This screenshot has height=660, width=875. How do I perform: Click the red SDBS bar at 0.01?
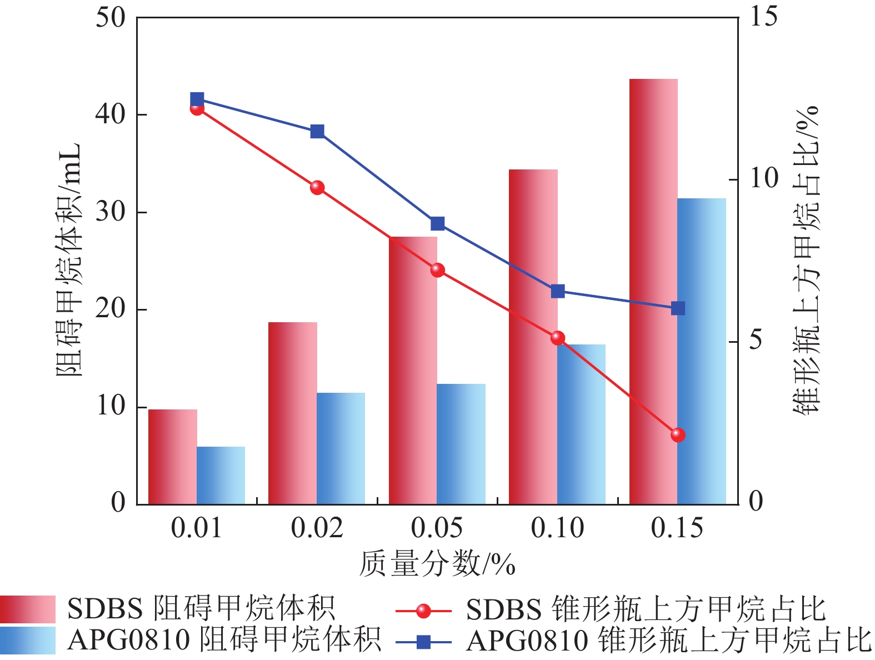pos(173,457)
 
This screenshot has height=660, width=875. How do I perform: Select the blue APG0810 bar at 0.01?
pos(221,476)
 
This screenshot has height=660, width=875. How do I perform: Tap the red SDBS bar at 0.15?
pos(653,292)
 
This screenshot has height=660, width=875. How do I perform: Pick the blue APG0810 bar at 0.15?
pos(702,351)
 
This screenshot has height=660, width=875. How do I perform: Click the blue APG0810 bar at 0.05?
pos(461,444)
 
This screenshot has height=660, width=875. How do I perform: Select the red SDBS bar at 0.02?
pos(293,413)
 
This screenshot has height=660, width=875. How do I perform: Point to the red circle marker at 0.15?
pos(678,434)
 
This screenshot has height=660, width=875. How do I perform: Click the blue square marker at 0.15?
pos(678,308)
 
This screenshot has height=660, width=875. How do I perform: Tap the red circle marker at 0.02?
pos(317,187)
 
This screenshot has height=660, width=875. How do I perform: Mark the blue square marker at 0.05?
pos(438,224)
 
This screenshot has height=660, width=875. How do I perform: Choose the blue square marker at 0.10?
pos(558,292)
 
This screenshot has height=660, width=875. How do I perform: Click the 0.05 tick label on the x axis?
pos(437,528)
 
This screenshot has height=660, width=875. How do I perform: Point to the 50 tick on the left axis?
pos(111,18)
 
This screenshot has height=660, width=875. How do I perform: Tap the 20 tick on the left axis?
pos(111,309)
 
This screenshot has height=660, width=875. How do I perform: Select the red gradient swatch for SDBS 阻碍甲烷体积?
pos(28,609)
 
